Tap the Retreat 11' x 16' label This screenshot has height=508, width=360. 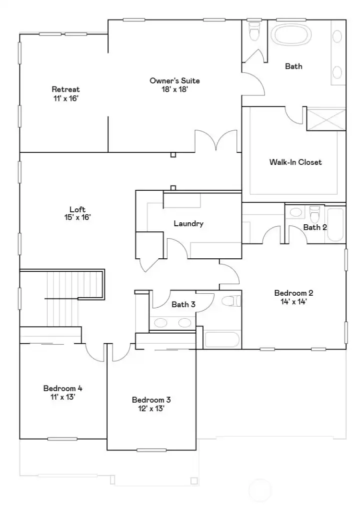[65, 93]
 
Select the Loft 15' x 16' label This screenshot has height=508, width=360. [77, 213]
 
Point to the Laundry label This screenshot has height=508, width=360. [188, 223]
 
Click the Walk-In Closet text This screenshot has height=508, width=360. [295, 162]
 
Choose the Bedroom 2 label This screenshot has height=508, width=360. [293, 297]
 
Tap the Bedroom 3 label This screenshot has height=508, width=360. [151, 404]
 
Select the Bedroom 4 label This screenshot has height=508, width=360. [62, 392]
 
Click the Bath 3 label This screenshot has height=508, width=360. [180, 304]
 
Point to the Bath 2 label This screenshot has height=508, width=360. [315, 227]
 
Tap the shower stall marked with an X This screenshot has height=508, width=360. [325, 119]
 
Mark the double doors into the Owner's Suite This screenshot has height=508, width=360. [216, 141]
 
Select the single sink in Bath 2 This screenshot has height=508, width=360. [296, 213]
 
